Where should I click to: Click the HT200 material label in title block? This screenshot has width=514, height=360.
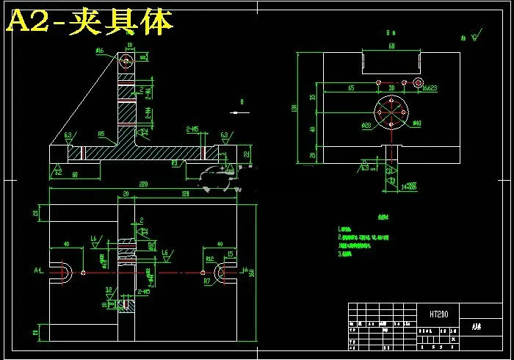[x=439, y=314]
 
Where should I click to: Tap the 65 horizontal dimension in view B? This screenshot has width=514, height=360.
[x=351, y=87]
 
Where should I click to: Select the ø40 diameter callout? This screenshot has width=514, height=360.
[x=416, y=123]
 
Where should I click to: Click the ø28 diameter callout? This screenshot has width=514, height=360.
[x=366, y=126]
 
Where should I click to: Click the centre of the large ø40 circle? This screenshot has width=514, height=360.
[x=390, y=115]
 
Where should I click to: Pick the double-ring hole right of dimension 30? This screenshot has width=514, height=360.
[x=419, y=82]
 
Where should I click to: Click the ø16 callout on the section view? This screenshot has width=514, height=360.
[x=100, y=51]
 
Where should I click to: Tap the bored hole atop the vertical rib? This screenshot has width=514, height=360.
[x=128, y=57]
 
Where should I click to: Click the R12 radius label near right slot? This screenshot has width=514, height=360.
[x=210, y=259]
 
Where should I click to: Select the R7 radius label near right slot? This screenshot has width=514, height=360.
[x=207, y=281]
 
